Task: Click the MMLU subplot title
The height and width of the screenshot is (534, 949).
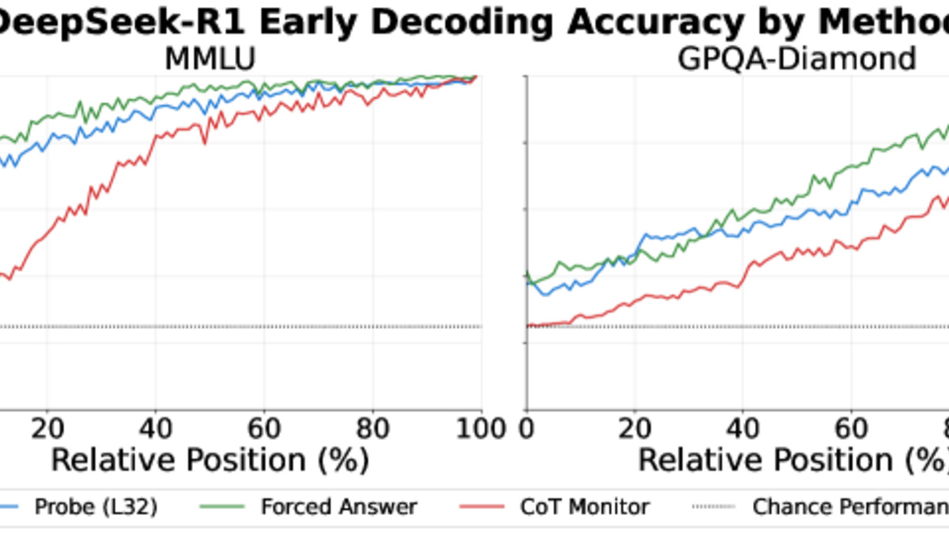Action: click(x=210, y=59)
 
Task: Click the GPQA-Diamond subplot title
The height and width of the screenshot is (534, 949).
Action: click(x=796, y=59)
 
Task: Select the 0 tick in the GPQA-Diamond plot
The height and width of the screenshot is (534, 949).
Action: click(x=527, y=428)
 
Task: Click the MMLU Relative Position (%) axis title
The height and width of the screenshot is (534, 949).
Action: click(x=210, y=460)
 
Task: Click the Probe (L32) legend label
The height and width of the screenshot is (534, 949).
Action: click(x=96, y=506)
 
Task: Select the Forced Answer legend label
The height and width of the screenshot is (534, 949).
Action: click(x=339, y=506)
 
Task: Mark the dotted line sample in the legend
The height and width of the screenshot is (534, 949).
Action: click(x=715, y=507)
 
